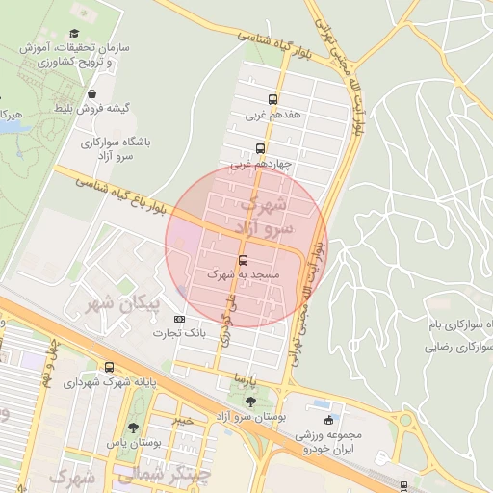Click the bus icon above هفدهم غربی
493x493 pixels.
pyautogui.click(x=273, y=99)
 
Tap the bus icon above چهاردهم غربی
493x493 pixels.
pyautogui.click(x=260, y=148)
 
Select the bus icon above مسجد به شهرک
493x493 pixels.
pyautogui.click(x=242, y=260)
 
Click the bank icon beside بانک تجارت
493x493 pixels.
pyautogui.click(x=179, y=319)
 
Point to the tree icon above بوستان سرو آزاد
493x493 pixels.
pyautogui.click(x=251, y=402)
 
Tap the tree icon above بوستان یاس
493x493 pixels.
pyautogui.click(x=133, y=428)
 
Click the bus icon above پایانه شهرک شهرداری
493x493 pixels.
pyautogui.click(x=109, y=367)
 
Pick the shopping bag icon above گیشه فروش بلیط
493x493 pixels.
pyautogui.click(x=91, y=93)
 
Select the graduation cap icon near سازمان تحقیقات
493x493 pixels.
pyautogui.click(x=73, y=34)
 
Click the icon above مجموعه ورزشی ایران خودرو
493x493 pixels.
pyautogui.click(x=329, y=419)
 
